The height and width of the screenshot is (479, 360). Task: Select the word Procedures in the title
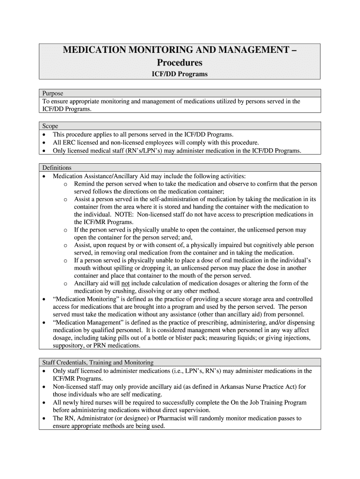[180, 62]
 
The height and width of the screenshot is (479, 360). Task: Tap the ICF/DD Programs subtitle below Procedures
[180, 74]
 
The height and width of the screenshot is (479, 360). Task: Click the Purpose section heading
[52, 93]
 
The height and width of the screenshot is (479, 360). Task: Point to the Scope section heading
[50, 126]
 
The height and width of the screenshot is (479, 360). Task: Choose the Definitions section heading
[57, 167]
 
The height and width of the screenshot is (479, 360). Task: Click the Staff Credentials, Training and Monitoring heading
[98, 363]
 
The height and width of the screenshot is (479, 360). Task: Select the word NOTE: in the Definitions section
[123, 214]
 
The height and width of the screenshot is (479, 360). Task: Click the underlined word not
[125, 283]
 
